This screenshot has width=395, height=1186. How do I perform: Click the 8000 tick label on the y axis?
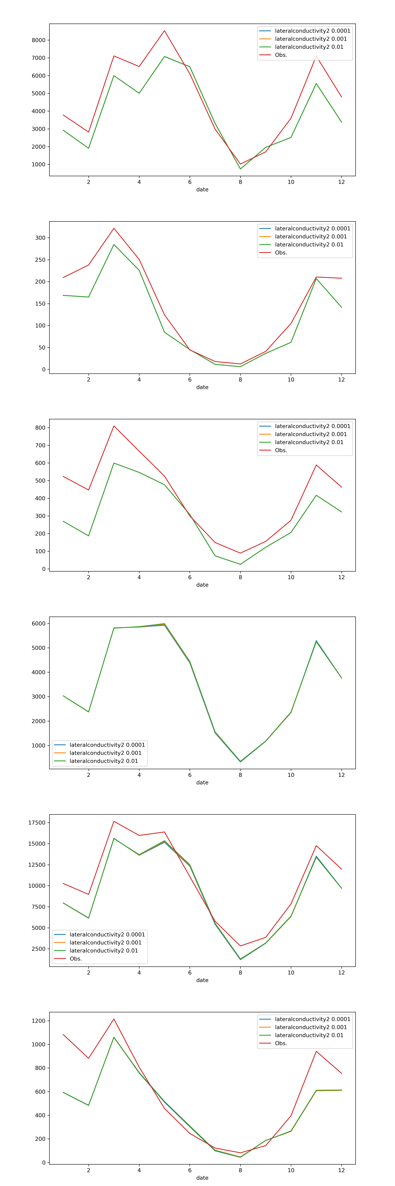[x=39, y=40]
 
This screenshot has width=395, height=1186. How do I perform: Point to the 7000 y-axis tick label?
[x=39, y=58]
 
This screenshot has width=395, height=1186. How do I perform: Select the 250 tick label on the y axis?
[x=40, y=260]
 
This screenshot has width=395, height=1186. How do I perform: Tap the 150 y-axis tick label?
[x=40, y=304]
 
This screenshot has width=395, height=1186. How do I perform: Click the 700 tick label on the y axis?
[x=40, y=445]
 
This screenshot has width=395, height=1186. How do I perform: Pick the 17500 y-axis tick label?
[x=37, y=823]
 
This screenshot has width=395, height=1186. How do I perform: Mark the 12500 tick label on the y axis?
[x=37, y=865]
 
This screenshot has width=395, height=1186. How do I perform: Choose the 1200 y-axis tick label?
[x=39, y=1021]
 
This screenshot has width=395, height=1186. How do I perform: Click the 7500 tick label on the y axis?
[x=39, y=907]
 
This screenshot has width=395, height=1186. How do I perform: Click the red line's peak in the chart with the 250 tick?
[x=114, y=228]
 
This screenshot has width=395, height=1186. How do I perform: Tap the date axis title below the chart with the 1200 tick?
[x=202, y=1178]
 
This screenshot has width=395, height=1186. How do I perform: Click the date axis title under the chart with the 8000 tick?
[x=202, y=190]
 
